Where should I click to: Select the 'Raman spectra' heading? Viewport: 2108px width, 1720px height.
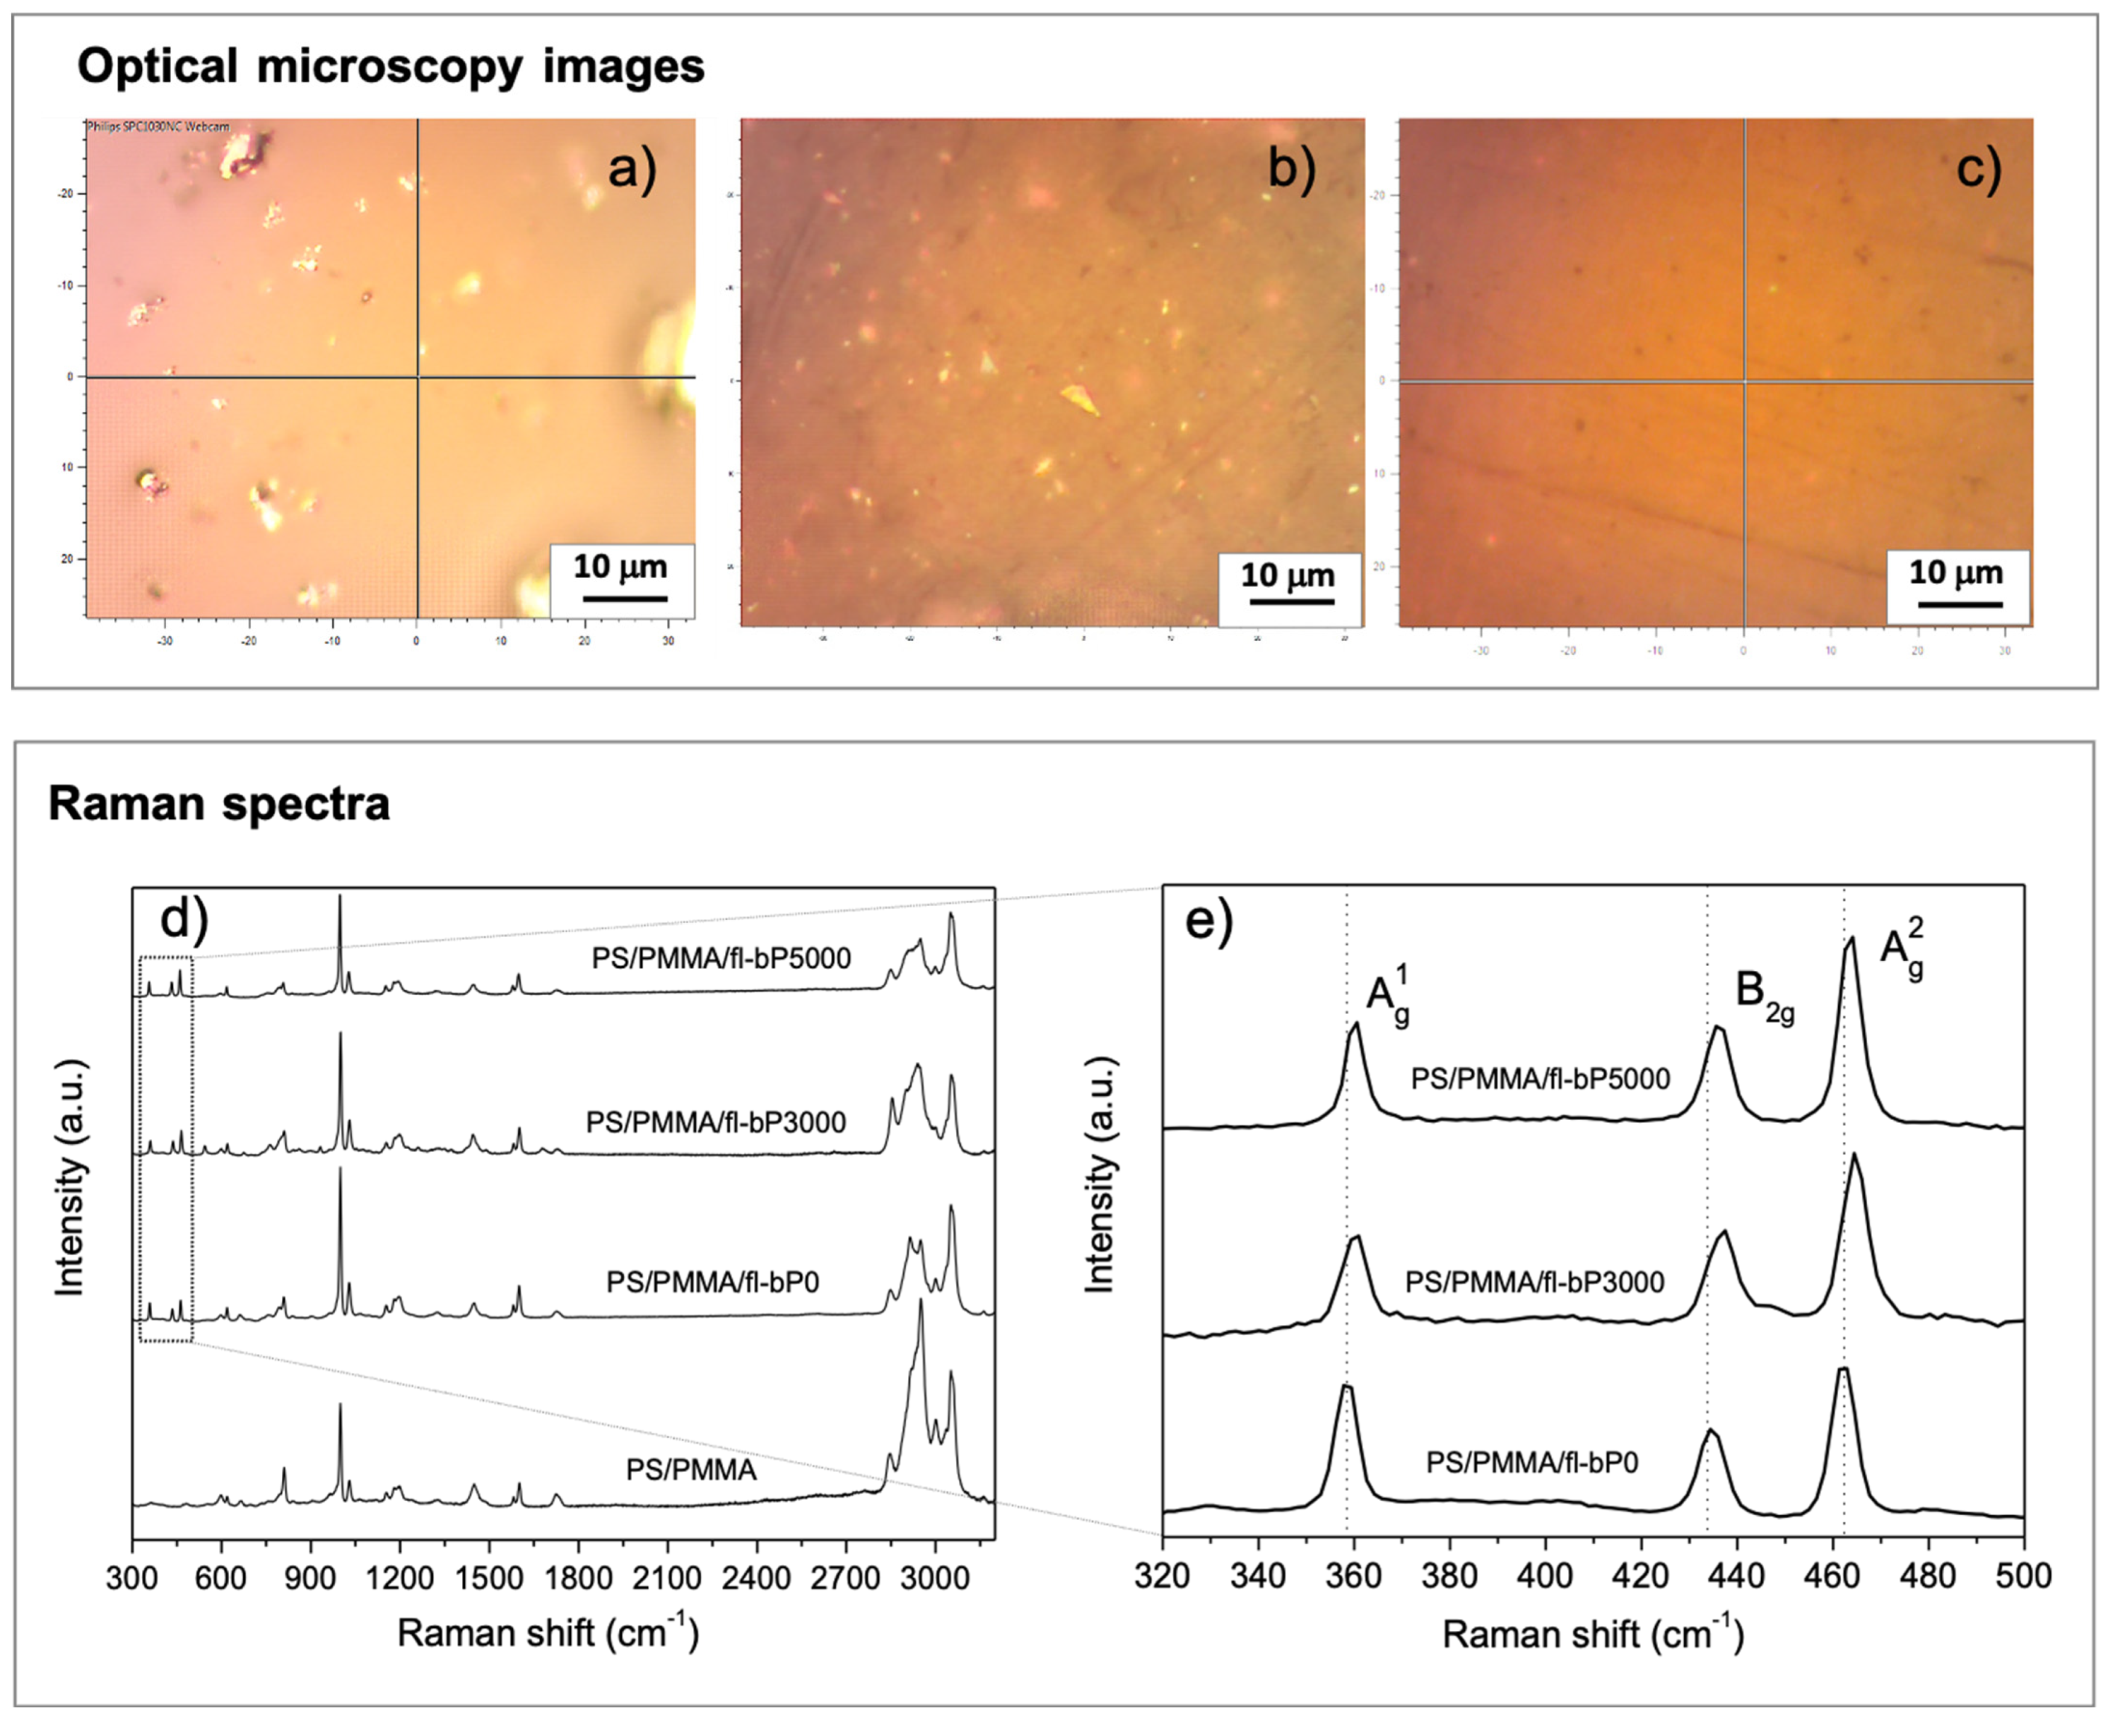pos(219,803)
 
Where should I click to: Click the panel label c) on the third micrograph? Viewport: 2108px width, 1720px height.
pos(1978,169)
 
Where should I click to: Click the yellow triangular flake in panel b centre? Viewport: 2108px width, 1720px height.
pos(1080,399)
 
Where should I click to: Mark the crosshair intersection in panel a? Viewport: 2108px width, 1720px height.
pos(417,376)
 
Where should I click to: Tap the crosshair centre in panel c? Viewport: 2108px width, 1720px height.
pos(1744,381)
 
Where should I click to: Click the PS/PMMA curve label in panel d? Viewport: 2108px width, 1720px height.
pos(691,1469)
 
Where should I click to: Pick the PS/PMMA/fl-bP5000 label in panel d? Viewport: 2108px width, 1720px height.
pos(721,958)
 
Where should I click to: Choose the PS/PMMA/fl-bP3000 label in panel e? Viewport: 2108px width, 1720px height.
pos(1534,1282)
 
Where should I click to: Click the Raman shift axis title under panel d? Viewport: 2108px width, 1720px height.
pos(548,1633)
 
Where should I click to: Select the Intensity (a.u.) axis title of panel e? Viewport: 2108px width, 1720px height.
pos(1099,1176)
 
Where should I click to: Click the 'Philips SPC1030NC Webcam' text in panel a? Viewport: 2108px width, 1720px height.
pos(158,127)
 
